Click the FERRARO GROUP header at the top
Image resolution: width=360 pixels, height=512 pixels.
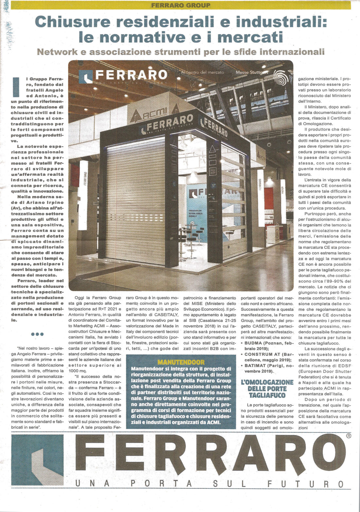tap(181, 5)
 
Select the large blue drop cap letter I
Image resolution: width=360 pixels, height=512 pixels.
tap(16, 87)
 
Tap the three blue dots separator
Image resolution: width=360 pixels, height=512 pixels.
tap(37, 334)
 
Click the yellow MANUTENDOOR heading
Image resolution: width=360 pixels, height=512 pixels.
tap(181, 362)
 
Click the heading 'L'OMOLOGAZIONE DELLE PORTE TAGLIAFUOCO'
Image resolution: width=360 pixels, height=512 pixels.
tap(267, 389)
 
